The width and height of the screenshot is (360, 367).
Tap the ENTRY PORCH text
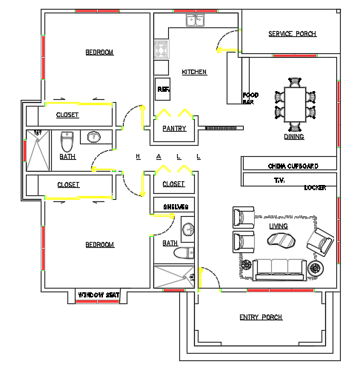point(261,317)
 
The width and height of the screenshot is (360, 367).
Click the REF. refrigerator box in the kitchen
point(163,90)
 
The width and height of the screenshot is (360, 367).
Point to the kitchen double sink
point(196,20)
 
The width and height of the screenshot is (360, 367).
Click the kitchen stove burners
point(161,50)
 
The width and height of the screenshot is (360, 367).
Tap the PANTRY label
point(174,129)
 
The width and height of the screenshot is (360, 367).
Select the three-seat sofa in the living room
point(280,269)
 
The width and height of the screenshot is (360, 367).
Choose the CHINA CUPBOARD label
point(293,166)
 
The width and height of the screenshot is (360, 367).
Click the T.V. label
point(279,180)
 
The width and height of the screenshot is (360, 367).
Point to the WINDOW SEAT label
point(99,294)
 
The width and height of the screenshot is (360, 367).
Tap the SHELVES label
point(176,206)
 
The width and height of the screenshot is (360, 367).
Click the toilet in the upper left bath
point(66,140)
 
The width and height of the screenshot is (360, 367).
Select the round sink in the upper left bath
point(94,137)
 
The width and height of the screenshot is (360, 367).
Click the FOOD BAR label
point(251,98)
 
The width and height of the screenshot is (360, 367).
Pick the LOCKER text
point(315,188)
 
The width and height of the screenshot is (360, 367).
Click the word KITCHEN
point(194,72)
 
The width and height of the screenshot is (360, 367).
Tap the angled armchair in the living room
point(322,239)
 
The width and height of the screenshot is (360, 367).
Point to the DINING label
point(294,137)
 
